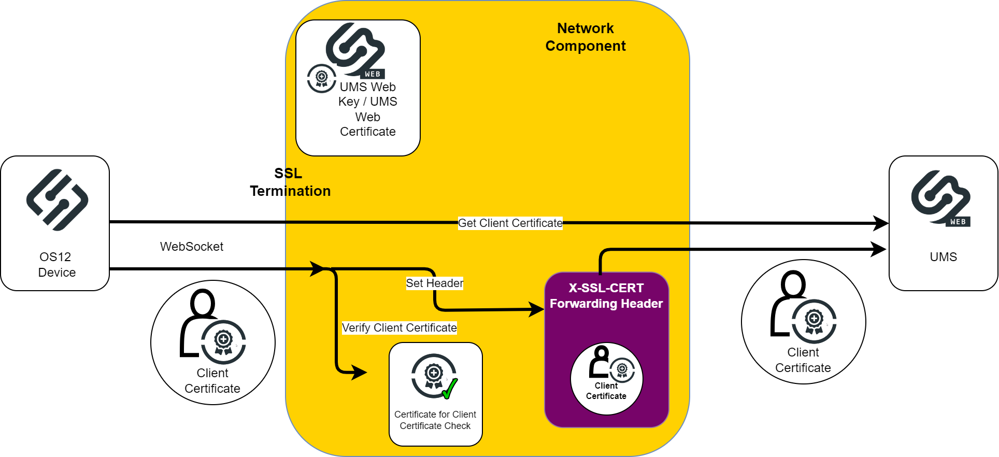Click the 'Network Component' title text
click(x=586, y=37)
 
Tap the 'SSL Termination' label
click(x=290, y=182)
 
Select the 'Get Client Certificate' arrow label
click(x=510, y=223)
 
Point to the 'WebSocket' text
click(x=191, y=247)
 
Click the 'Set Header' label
click(x=434, y=283)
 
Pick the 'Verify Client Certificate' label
click(x=399, y=328)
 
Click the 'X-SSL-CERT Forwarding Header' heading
click(x=606, y=295)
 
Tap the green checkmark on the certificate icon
click(x=450, y=388)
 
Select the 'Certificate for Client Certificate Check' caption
click(x=435, y=420)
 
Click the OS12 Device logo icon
click(x=57, y=200)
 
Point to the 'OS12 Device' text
click(x=56, y=265)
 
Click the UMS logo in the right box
click(x=940, y=198)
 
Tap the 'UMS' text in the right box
click(x=943, y=257)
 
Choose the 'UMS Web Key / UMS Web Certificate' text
click(x=367, y=109)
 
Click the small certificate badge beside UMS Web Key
click(x=321, y=78)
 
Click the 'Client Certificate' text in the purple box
click(x=606, y=391)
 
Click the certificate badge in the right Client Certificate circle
click(x=814, y=321)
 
